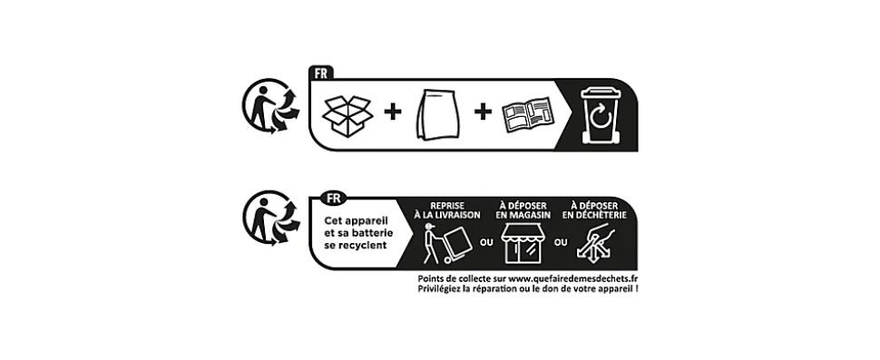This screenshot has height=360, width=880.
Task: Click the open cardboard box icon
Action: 347,116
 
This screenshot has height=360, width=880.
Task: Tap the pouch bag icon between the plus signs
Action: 439,115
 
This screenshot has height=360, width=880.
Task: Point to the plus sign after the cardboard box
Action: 393,112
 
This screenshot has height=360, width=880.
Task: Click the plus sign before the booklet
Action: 483,112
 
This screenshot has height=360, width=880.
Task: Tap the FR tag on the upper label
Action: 321,73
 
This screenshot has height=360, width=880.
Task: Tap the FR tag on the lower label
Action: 333,198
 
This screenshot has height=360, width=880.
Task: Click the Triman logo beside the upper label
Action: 271,106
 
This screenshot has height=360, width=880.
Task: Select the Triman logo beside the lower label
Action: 271,219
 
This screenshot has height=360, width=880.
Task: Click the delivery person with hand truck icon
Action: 446,244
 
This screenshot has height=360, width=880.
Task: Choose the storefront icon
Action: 523,243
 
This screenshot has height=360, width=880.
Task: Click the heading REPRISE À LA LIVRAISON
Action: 446,210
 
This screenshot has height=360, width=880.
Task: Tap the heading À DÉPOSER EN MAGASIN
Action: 523,210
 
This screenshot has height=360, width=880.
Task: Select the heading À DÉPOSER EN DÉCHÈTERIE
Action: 594,210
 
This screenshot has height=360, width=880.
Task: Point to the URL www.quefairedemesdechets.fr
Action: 573,278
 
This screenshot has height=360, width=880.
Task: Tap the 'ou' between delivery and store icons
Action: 486,243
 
